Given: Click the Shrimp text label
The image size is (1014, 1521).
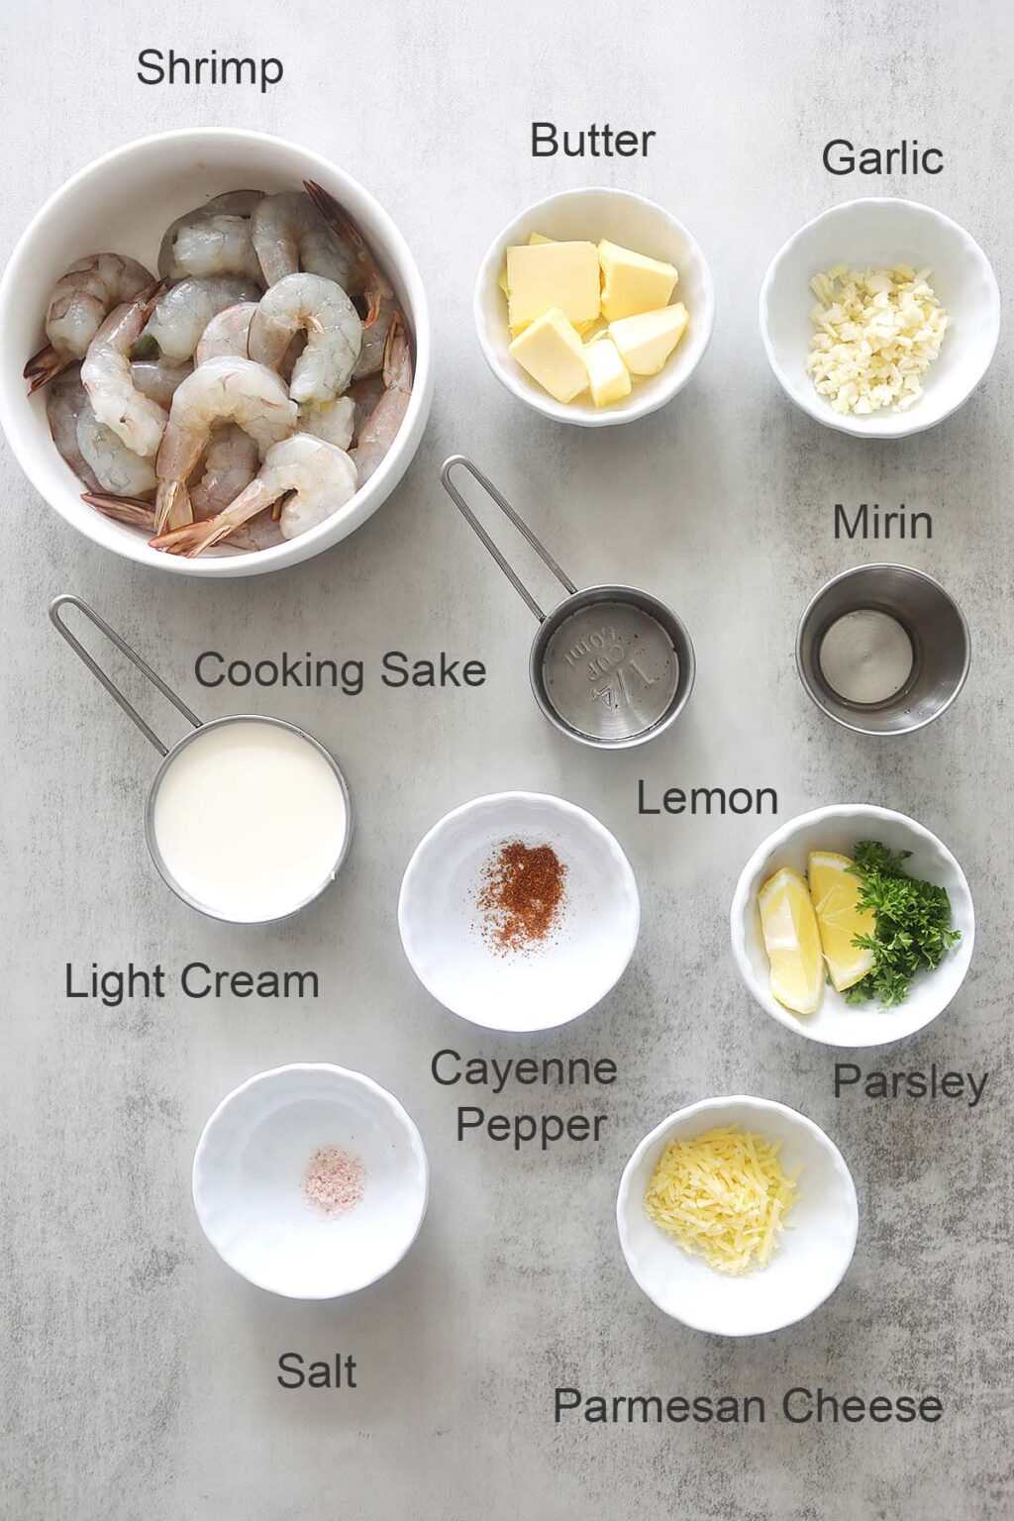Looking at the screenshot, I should [x=209, y=69].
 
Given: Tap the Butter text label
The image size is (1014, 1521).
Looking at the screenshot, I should [x=592, y=141].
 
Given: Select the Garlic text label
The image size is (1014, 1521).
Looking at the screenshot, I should [x=881, y=158].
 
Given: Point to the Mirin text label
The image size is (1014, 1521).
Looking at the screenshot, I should [x=881, y=523].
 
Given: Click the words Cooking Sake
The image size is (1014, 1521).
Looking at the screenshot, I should [x=340, y=671].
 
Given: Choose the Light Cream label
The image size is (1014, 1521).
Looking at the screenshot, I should [x=191, y=982].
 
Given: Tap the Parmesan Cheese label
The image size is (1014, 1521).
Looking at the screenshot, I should [x=747, y=1406].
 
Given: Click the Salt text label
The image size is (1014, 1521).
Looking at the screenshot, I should [x=316, y=1371].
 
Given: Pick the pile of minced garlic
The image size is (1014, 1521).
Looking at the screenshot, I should [x=875, y=337].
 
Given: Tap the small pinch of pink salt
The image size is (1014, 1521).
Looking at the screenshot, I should [x=335, y=1175].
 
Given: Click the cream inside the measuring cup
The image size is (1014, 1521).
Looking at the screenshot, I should [x=250, y=817].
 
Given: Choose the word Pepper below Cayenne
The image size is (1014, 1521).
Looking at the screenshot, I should [x=531, y=1126].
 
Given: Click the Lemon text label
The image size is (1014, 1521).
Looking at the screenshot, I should [x=706, y=798].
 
